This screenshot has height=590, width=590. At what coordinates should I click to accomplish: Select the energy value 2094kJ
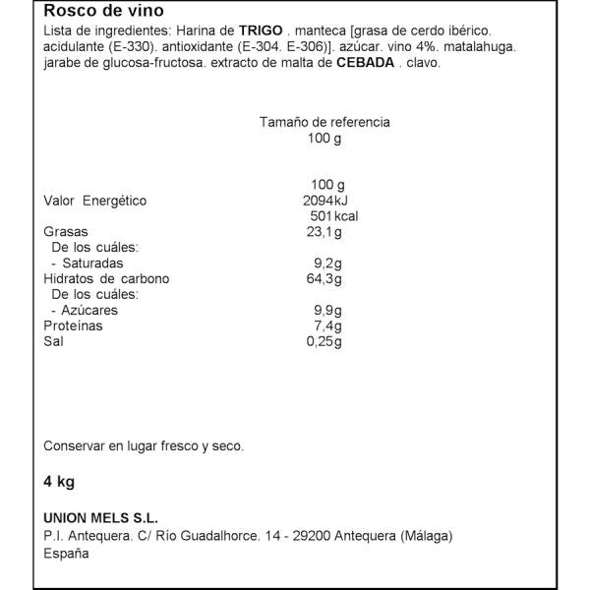coord(326,201)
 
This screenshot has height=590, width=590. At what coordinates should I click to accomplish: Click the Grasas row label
coord(64,232)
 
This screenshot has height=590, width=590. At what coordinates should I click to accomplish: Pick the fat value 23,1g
coord(324,232)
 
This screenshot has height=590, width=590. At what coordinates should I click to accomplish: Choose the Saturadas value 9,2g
coord(326,264)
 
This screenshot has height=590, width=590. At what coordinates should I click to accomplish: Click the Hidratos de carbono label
coord(106,279)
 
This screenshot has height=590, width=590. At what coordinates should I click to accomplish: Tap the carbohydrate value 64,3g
coord(324,279)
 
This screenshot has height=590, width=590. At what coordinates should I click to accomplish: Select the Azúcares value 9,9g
coord(326,311)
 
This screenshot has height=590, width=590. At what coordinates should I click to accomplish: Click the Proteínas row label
coord(73,326)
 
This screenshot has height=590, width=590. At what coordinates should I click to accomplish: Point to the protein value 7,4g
coord(326,326)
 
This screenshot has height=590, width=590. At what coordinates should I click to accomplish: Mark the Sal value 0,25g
coord(324,342)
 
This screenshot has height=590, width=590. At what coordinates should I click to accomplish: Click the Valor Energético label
coord(94,201)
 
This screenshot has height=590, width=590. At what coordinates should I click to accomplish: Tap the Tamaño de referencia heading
coord(324,122)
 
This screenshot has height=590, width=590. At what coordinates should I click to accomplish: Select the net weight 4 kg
coord(59,482)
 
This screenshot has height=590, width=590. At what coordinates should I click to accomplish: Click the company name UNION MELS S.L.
coord(101,518)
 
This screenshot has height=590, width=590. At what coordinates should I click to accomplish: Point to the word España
coord(66,553)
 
